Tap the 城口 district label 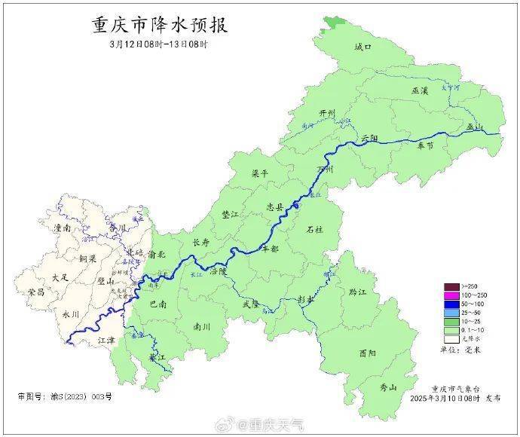[x=362, y=47]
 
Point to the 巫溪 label [x=419, y=90]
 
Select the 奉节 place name [x=426, y=146]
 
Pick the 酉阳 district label [x=368, y=353]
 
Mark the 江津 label [x=108, y=341]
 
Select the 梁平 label [x=259, y=173]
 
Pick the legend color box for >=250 [x=451, y=286]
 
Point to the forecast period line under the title [x=158, y=44]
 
